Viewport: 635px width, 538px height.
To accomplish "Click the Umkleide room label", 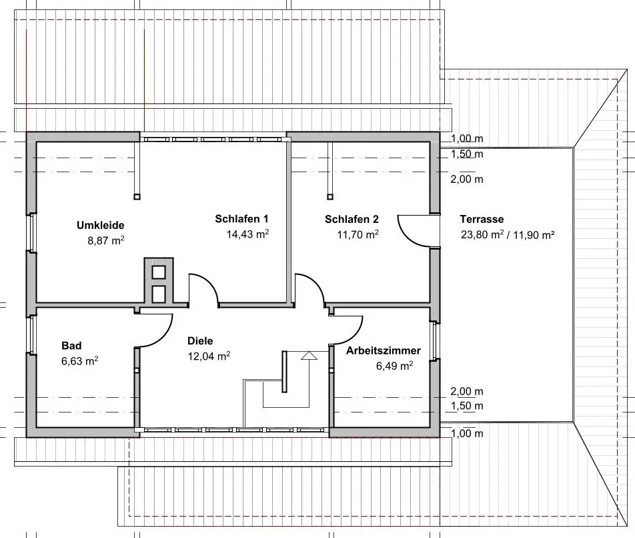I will [101, 225].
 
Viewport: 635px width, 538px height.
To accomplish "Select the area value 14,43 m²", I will [248, 234].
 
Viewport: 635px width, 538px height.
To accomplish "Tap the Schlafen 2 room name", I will [352, 219].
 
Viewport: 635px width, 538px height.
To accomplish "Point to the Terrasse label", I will [482, 219].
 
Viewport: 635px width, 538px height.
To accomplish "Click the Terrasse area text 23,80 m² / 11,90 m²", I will [508, 234].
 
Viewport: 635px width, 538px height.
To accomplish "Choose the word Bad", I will [71, 345].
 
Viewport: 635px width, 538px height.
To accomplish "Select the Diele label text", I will [200, 340].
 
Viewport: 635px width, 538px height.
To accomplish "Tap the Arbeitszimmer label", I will [383, 350].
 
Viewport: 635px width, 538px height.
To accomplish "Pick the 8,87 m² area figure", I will [106, 240].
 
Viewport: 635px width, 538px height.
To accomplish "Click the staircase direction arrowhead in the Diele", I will [308, 356].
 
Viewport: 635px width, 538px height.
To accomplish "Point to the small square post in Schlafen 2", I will [329, 196].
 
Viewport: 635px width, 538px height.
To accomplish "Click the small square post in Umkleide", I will [137, 196].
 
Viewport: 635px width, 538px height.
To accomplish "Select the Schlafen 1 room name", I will [241, 219].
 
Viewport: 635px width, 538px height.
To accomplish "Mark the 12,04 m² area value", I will [209, 356].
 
